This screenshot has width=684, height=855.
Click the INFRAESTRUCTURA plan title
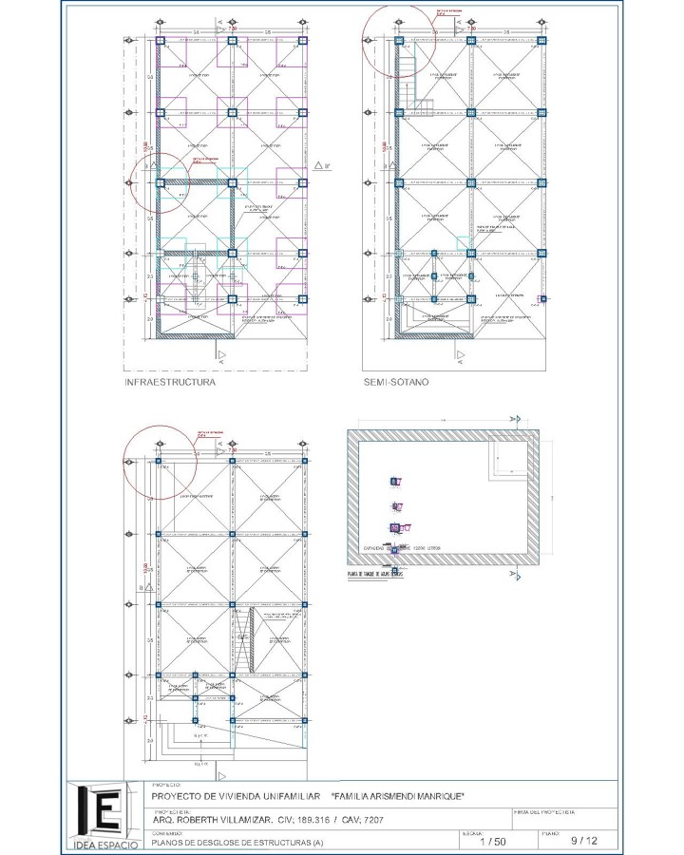click(170, 382)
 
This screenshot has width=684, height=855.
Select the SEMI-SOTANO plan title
click(396, 382)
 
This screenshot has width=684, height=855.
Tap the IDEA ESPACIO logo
click(104, 815)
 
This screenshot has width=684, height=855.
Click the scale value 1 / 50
click(493, 841)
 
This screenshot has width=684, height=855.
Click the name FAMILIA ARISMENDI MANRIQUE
click(397, 796)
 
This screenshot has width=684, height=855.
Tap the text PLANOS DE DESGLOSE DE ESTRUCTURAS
click(237, 841)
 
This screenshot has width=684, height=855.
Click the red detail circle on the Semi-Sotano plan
click(399, 36)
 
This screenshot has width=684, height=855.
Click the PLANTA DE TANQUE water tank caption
click(377, 575)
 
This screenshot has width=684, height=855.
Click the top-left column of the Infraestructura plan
click(160, 42)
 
